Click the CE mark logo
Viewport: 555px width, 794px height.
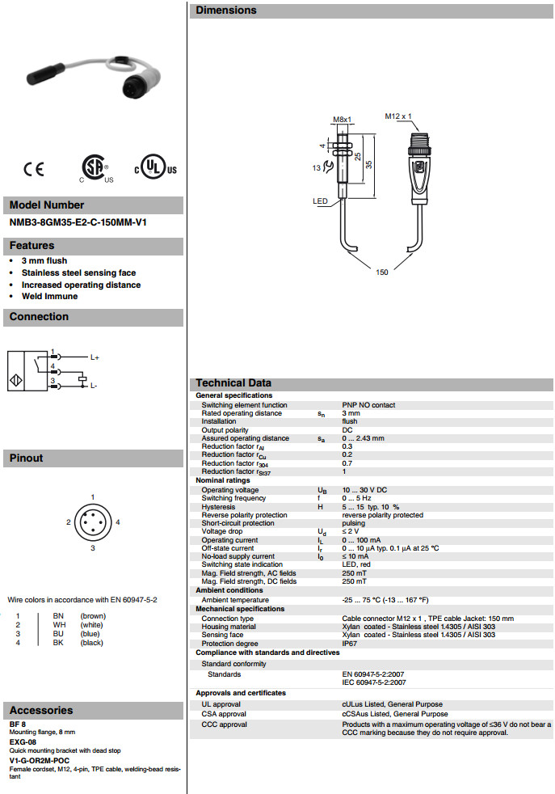(x=34, y=169)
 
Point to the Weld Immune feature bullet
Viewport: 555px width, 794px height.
(x=49, y=296)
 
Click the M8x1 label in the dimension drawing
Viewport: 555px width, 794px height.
(x=343, y=120)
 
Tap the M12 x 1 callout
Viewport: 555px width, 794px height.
(x=398, y=116)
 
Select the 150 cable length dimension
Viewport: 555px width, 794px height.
(x=382, y=272)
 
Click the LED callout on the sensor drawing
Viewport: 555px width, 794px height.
(x=320, y=201)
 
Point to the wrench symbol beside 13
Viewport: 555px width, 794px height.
(x=326, y=168)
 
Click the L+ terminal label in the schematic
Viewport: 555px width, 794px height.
(x=95, y=357)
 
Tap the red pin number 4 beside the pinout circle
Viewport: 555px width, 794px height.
(x=118, y=522)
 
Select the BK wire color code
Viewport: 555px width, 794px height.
(x=58, y=643)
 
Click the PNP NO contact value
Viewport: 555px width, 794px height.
(x=368, y=405)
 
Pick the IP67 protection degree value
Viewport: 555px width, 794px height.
(x=350, y=643)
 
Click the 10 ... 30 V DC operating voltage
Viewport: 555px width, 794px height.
(x=364, y=490)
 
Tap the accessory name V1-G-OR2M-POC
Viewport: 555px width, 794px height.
(x=40, y=761)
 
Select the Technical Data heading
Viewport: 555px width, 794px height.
(x=233, y=383)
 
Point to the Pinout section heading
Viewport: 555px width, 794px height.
(x=27, y=458)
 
